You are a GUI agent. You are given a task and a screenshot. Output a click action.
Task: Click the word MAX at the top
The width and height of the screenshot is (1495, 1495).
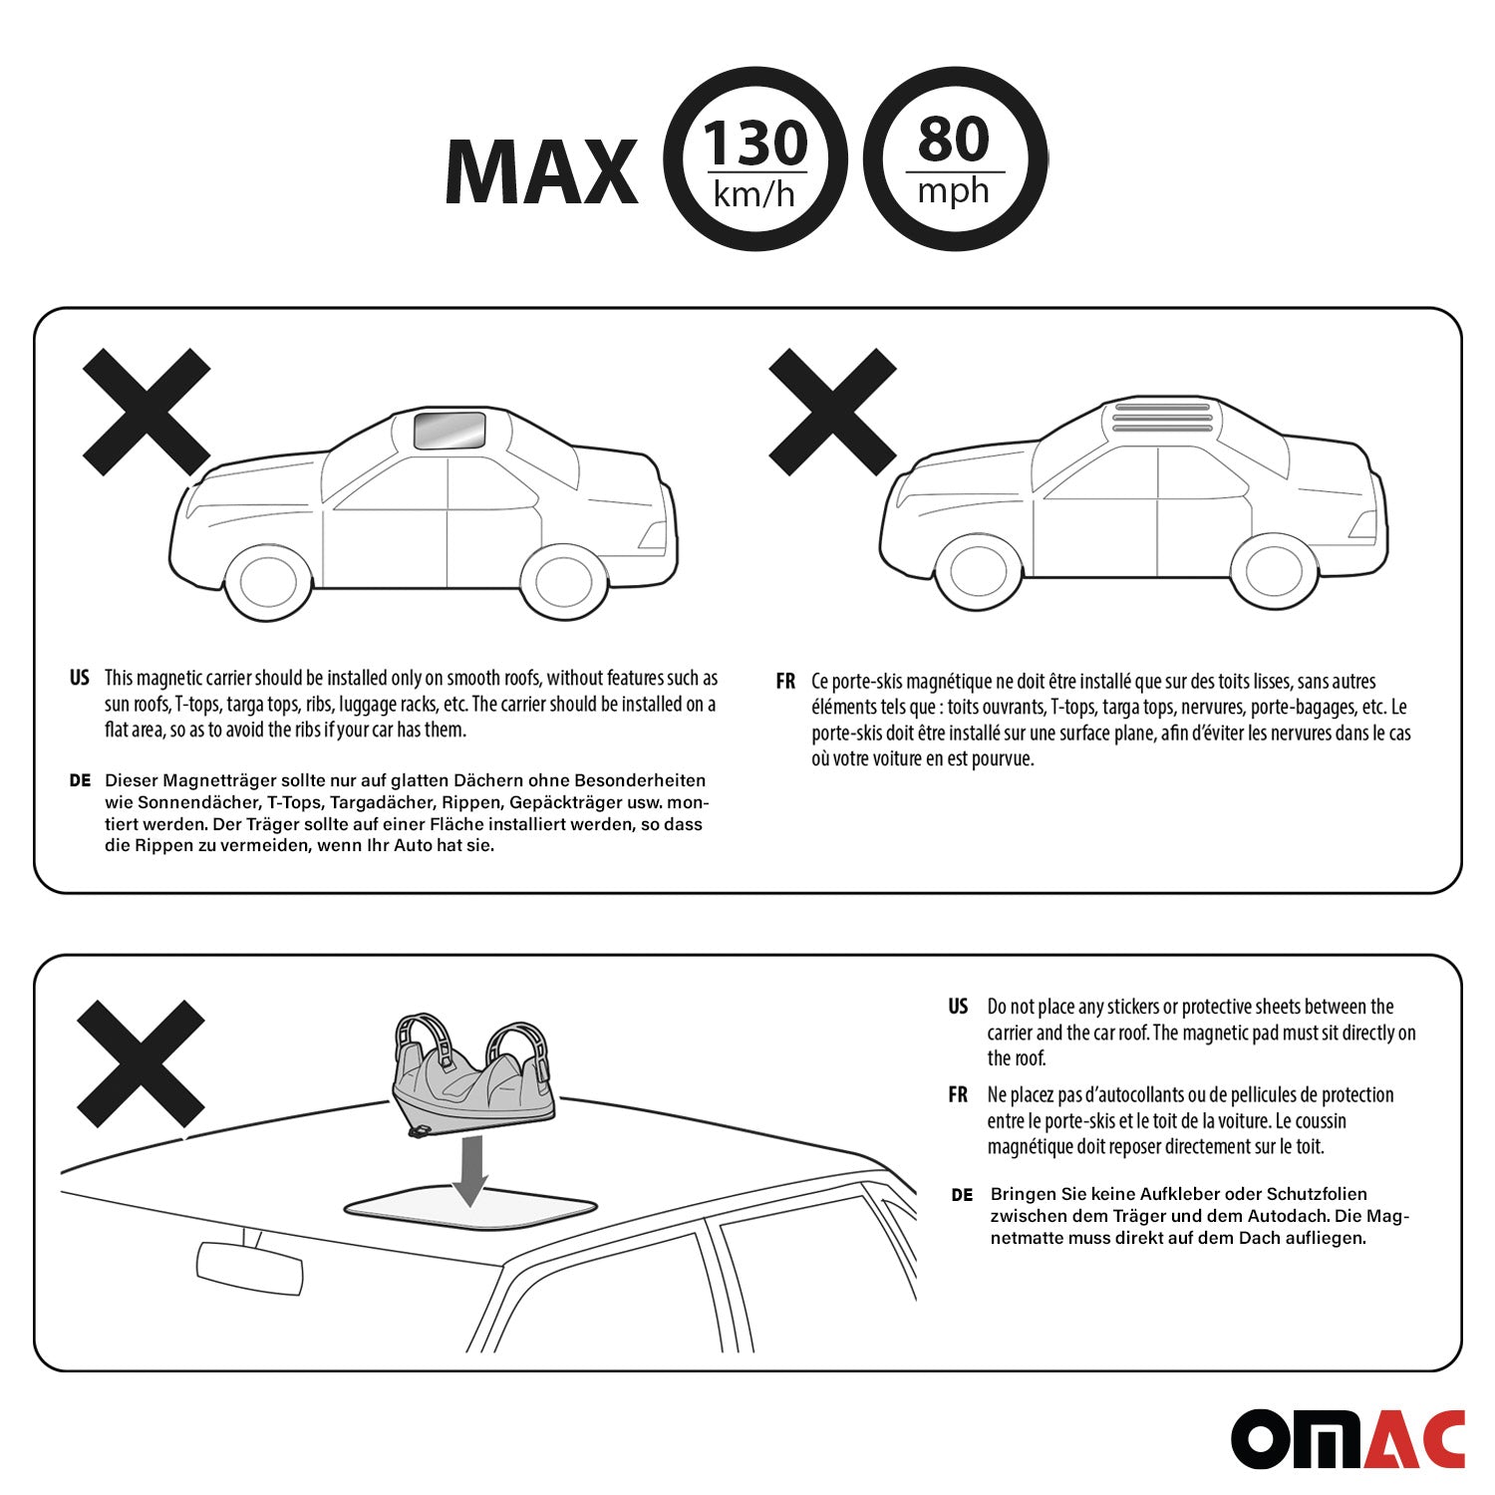pos(541,171)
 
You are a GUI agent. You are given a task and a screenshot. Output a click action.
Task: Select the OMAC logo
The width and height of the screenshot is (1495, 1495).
pos(1347,1438)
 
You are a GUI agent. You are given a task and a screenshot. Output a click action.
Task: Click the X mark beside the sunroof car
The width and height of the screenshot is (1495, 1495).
pos(147,413)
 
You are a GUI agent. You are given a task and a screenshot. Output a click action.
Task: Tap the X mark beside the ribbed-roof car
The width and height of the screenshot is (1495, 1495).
pos(833,413)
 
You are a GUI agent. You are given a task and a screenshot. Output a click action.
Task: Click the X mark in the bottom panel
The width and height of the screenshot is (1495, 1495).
pos(141,1064)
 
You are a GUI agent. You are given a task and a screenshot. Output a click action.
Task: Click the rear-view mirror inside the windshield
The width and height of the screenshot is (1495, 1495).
pos(250,1268)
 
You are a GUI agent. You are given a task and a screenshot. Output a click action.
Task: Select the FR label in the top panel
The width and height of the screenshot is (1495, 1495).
pos(785,682)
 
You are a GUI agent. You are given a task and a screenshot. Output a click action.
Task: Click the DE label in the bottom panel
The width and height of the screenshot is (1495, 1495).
pos(962,1195)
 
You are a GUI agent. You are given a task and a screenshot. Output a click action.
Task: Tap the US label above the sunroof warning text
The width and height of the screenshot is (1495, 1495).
pos(80,678)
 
